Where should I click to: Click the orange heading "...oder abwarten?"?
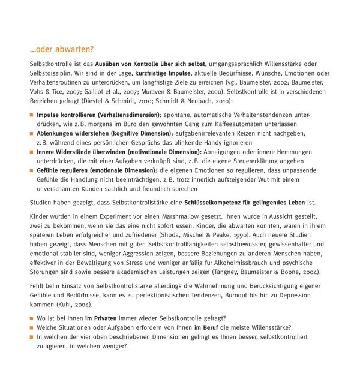62,49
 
